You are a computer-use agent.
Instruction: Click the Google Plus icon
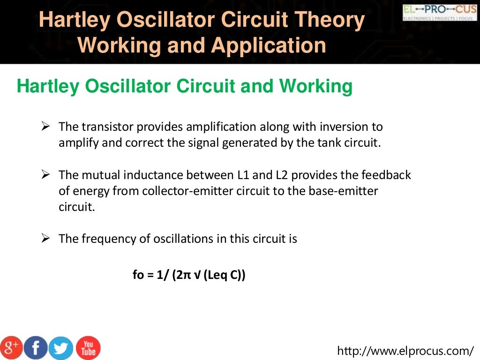[12, 347]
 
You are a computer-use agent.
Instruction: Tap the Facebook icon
[36, 348]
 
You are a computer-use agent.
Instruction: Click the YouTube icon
[88, 348]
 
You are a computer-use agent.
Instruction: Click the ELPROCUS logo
[439, 12]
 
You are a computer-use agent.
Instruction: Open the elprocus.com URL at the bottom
[406, 350]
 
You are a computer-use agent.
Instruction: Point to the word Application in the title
[269, 45]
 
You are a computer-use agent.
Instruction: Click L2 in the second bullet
[282, 175]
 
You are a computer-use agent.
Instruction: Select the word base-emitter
[346, 191]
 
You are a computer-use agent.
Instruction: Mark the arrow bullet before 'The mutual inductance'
[45, 175]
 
